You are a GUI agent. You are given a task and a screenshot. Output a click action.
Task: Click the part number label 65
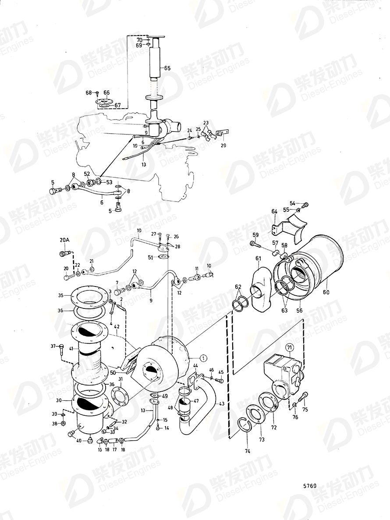pos(167,68)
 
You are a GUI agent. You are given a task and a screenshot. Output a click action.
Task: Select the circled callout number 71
pos(289,348)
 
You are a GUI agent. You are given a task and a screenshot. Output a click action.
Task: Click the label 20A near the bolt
pos(64,240)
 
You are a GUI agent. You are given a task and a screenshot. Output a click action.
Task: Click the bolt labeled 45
pos(219,380)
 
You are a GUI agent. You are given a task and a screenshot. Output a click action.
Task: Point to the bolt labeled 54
pos(305,205)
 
